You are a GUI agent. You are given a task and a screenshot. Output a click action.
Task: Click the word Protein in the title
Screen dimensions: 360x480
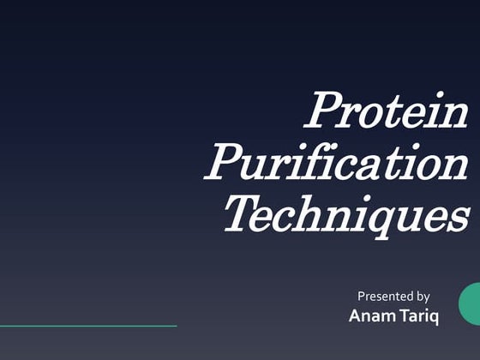pos(387,111)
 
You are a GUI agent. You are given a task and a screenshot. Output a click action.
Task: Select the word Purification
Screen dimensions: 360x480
pos(336,163)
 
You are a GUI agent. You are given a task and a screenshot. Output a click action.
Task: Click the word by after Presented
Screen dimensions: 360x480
pos(423,297)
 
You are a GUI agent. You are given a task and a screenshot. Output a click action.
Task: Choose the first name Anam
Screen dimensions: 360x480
pos(371,316)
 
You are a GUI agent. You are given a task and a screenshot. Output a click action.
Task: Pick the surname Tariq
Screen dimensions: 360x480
pos(417,317)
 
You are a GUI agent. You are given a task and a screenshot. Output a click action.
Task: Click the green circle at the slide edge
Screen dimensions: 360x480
pos(471,304)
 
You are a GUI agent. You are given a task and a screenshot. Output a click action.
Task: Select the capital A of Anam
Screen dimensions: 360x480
pos(356,316)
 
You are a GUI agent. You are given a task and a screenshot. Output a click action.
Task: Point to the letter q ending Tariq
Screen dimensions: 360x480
pos(434,319)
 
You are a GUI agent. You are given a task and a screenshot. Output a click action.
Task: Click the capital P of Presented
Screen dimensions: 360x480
pos(361,297)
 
